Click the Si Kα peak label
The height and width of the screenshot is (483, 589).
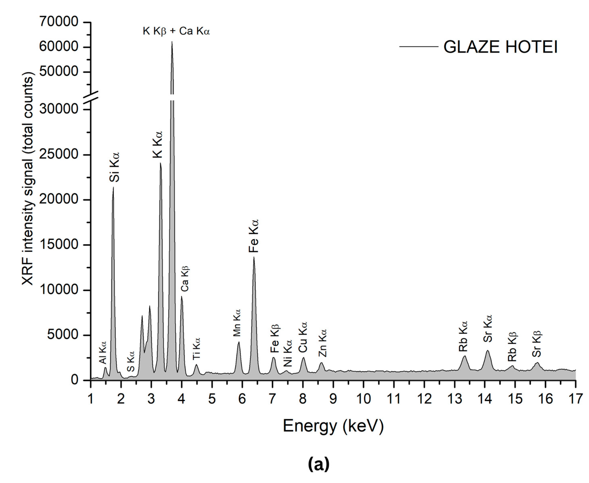pyautogui.click(x=114, y=167)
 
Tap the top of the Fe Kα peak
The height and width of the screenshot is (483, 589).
pyautogui.click(x=254, y=258)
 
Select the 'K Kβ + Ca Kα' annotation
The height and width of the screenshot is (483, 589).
pyautogui.click(x=176, y=31)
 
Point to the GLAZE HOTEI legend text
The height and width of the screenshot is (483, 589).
pyautogui.click(x=500, y=47)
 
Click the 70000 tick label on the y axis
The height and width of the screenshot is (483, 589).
pyautogui.click(x=59, y=22)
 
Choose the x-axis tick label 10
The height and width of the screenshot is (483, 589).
pyautogui.click(x=363, y=399)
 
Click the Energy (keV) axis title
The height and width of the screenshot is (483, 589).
pyautogui.click(x=333, y=426)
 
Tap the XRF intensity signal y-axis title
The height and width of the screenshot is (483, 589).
pyautogui.click(x=28, y=178)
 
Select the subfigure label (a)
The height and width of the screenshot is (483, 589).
pyautogui.click(x=319, y=464)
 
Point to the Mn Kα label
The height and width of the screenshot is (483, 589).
pyautogui.click(x=237, y=323)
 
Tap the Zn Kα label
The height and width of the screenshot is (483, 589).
pyautogui.click(x=322, y=343)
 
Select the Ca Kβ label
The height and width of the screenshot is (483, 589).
pyautogui.click(x=185, y=278)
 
